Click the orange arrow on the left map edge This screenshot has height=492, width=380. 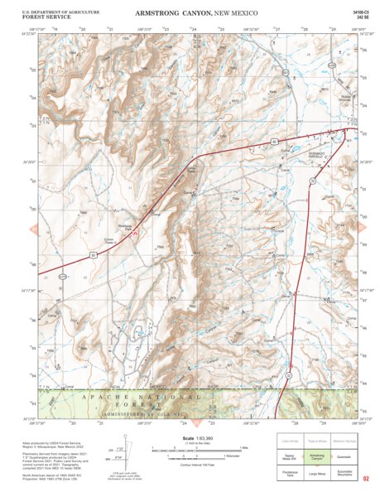click(33, 228)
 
